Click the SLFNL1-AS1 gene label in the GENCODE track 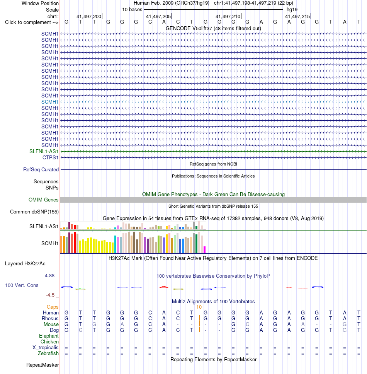pyautogui.click(x=44, y=152)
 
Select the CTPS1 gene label pyautogui.click(x=50, y=158)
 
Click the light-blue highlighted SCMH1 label pyautogui.click(x=50, y=102)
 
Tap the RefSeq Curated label pyautogui.click(x=41, y=169)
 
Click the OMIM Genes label pyautogui.click(x=43, y=200)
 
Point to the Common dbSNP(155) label pyautogui.click(x=34, y=212)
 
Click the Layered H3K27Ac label pyautogui.click(x=25, y=263)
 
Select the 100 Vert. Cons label pyautogui.click(x=22, y=285)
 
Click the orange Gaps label pyautogui.click(x=53, y=307)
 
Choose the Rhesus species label pyautogui.click(x=50, y=318)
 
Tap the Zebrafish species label pyautogui.click(x=48, y=353)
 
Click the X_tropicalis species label pyautogui.click(x=46, y=348)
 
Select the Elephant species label pyautogui.click(x=49, y=336)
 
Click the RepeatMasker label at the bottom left pyautogui.click(x=42, y=365)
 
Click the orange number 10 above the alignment pyautogui.click(x=199, y=307)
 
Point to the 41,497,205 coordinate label pyautogui.click(x=158, y=17)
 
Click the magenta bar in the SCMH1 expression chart pyautogui.click(x=204, y=249)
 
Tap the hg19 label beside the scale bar pyautogui.click(x=292, y=10)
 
